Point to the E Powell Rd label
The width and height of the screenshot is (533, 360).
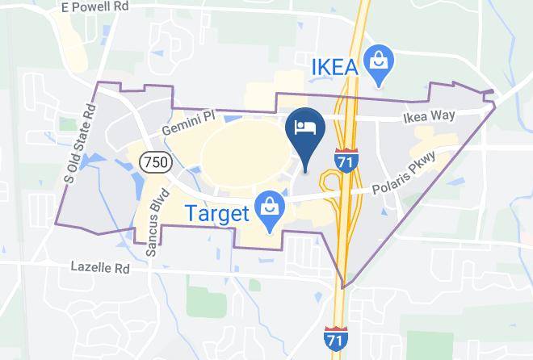(96, 7)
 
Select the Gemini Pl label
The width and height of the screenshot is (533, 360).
(187, 122)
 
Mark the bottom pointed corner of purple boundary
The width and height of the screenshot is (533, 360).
(343, 287)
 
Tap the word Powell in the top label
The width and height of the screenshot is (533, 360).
(94, 7)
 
